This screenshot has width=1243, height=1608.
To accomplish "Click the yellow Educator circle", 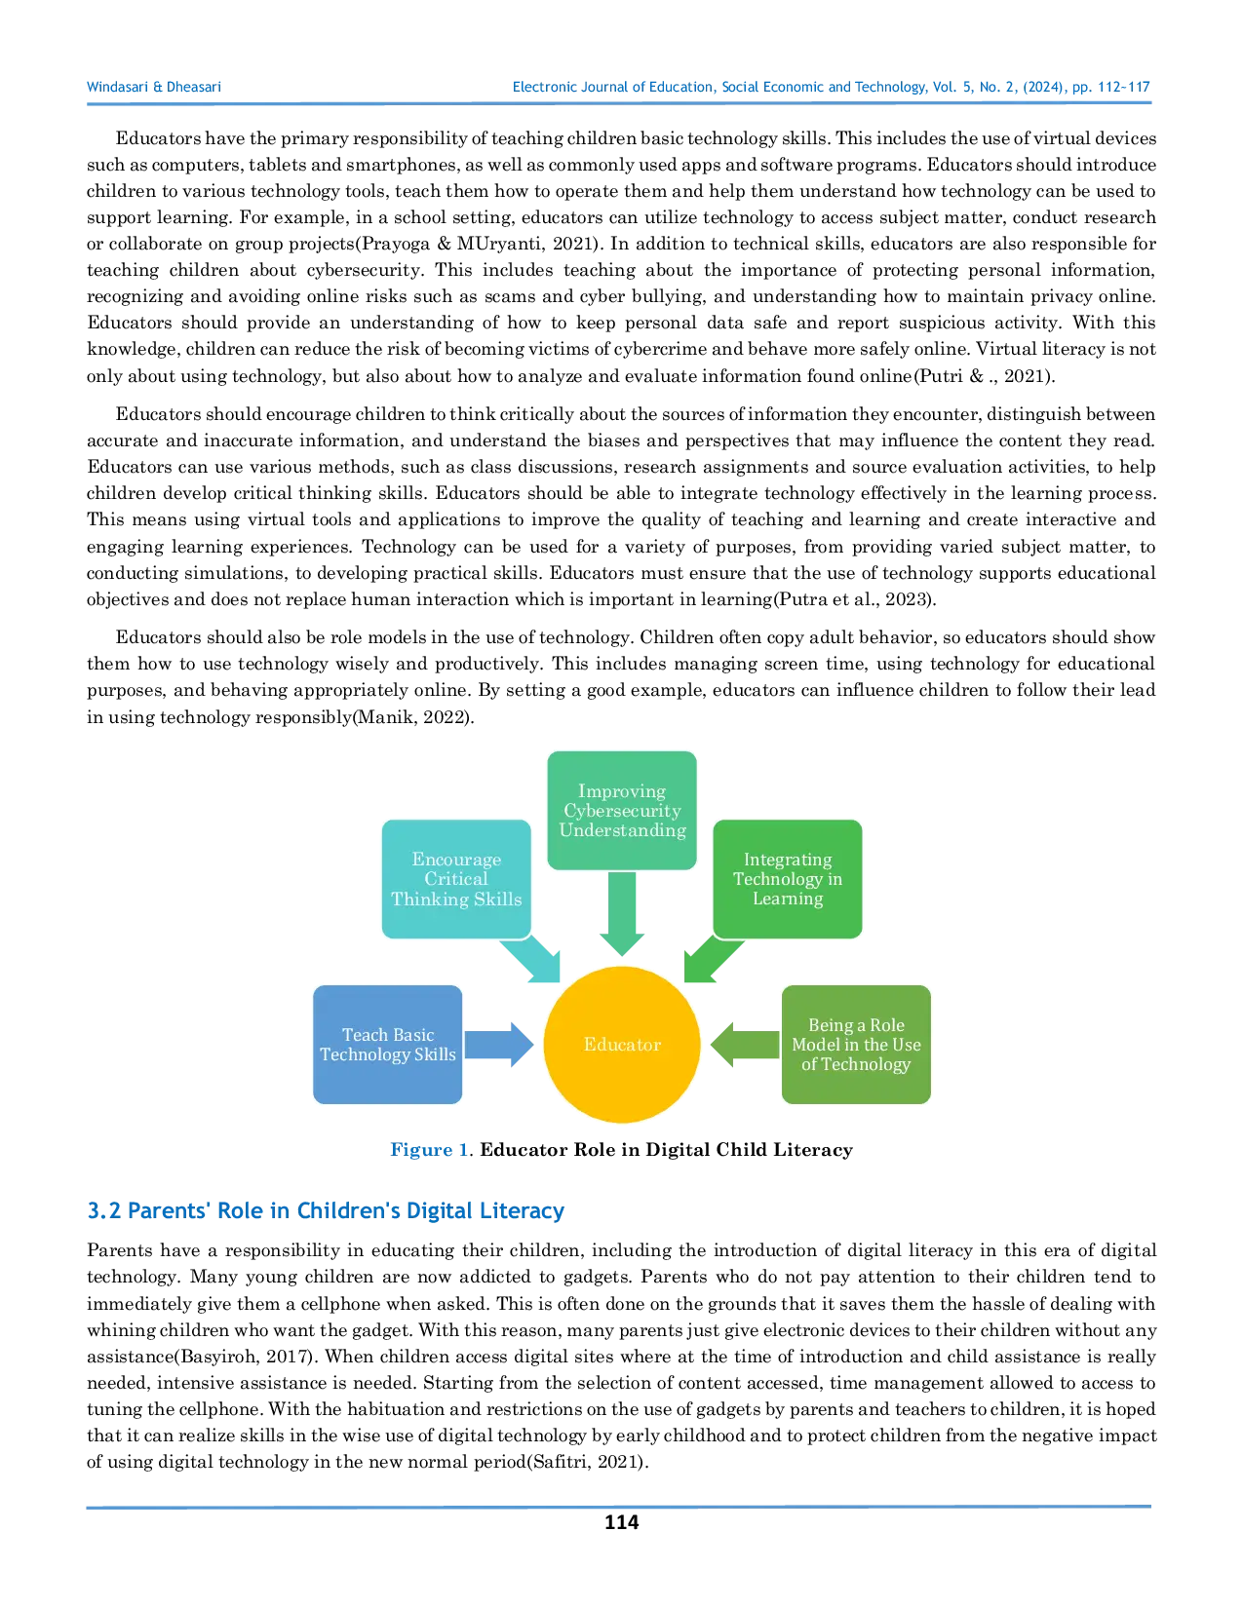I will pyautogui.click(x=622, y=1044).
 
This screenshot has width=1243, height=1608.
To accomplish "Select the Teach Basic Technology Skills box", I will pyautogui.click(x=388, y=1044).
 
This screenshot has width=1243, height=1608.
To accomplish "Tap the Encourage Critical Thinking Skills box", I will pyautogui.click(x=456, y=878).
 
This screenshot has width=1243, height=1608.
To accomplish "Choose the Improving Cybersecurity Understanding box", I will pyautogui.click(x=622, y=810).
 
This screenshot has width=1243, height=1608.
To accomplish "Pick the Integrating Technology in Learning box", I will pyautogui.click(x=788, y=878).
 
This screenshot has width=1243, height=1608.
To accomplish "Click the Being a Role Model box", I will pyautogui.click(x=856, y=1044).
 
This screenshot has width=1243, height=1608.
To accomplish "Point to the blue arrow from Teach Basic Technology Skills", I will pyautogui.click(x=500, y=1044).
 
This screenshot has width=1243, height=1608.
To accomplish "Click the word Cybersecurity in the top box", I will pyautogui.click(x=622, y=810).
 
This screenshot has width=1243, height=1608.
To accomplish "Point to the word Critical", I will pyautogui.click(x=456, y=878).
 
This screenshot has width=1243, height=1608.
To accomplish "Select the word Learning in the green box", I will pyautogui.click(x=788, y=899).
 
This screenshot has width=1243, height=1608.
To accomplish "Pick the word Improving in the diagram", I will pyautogui.click(x=622, y=790).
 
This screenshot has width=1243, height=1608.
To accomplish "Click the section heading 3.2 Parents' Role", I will pyautogui.click(x=326, y=1211).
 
